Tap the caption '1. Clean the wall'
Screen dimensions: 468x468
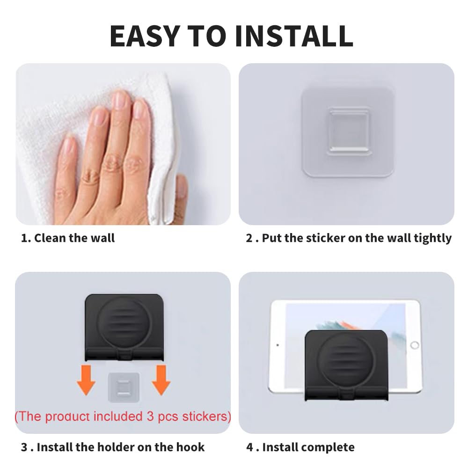(x=68, y=238)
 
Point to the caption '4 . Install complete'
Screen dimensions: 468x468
(x=300, y=447)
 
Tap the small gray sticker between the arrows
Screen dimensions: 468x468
(x=123, y=387)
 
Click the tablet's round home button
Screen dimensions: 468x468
(x=415, y=345)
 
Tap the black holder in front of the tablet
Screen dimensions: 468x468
(x=346, y=365)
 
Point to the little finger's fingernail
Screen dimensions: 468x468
(x=69, y=144)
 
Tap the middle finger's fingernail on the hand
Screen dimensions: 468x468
(x=121, y=100)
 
